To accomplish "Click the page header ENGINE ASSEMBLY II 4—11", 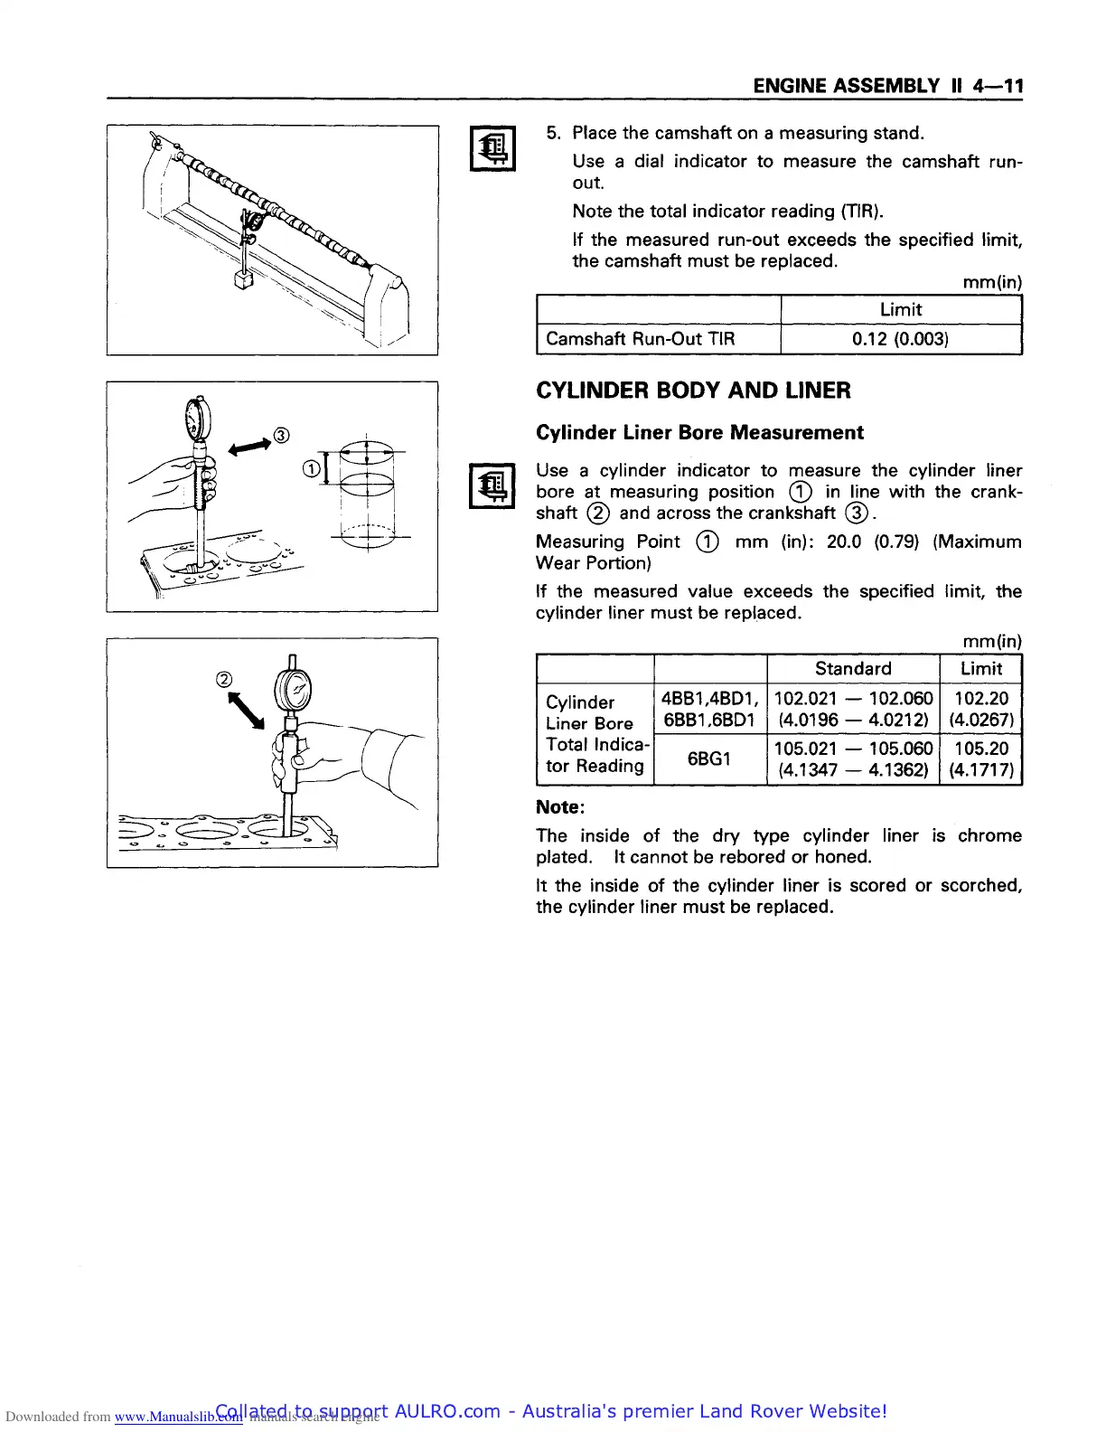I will pos(887,86).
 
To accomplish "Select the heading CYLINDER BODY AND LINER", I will pos(693,391).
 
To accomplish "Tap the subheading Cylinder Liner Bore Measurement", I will pos(699,432).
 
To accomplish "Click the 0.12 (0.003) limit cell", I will pos(900,339).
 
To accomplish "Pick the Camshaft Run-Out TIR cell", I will pos(641,339).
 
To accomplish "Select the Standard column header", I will pos(852,668).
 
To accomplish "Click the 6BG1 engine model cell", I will pos(708,758).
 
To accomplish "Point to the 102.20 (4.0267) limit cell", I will pos(980,709).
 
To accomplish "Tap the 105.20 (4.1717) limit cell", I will pos(980,758).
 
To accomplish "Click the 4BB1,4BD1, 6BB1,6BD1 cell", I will pos(708,709).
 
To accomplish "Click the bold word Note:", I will pos(560,806).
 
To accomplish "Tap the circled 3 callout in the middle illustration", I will pos(282,436).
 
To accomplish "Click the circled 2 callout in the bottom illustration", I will pos(224,680).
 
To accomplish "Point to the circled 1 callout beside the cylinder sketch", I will pos(310,468).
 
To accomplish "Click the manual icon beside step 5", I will pos(492,148).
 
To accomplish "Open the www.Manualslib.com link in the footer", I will pos(178,1417).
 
